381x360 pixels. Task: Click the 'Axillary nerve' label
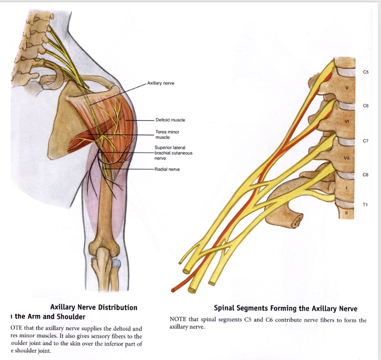[x=160, y=83]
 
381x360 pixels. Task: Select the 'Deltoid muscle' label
[x=170, y=120]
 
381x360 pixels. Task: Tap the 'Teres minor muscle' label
[x=167, y=134]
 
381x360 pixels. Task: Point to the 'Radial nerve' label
[x=167, y=169]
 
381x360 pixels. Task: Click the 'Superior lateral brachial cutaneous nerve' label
[x=173, y=153]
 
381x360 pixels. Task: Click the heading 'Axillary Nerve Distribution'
[x=93, y=308]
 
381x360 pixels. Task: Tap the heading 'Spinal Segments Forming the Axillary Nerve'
[x=286, y=308]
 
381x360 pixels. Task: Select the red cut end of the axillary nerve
[x=173, y=290]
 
